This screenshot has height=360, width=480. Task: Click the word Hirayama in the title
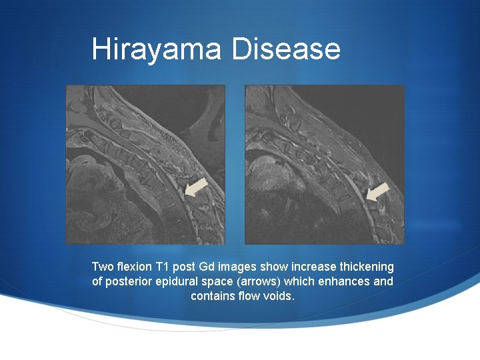[157, 49]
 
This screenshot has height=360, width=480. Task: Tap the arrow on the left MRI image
[197, 187]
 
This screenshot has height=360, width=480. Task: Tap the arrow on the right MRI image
[377, 192]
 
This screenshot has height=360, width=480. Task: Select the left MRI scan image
[145, 164]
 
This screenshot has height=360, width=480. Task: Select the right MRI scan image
[325, 164]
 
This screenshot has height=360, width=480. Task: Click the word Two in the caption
[103, 267]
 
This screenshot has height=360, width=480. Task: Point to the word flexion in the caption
[136, 267]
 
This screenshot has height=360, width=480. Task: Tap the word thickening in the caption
[366, 267]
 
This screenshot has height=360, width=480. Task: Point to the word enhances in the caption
[346, 281]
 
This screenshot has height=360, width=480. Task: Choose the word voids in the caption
[279, 296]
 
